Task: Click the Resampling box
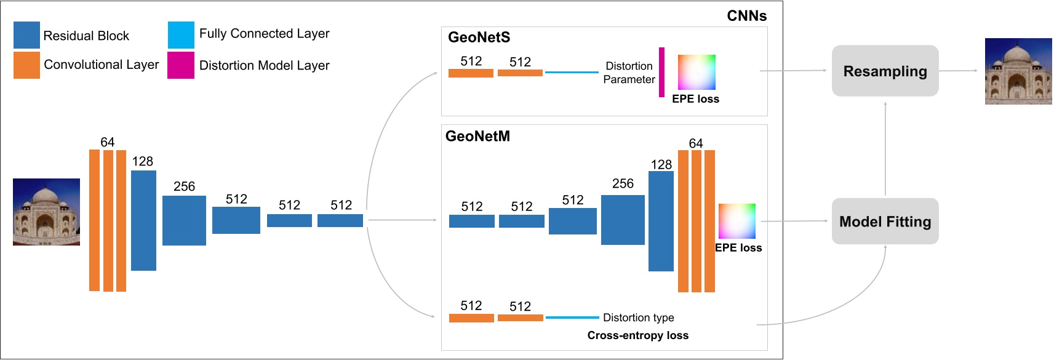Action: [x=885, y=71]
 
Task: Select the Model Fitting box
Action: [x=885, y=222]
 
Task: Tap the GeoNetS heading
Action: [x=479, y=38]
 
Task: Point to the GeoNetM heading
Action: [x=477, y=136]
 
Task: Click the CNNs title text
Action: [x=746, y=16]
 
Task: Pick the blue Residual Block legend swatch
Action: [x=26, y=35]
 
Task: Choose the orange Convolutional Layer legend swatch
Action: [x=26, y=65]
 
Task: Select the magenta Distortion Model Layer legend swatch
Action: [x=181, y=65]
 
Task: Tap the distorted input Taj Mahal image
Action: [x=46, y=212]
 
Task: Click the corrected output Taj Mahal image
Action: [x=1018, y=71]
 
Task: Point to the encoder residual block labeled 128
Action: [x=143, y=220]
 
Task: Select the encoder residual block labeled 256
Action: [x=184, y=220]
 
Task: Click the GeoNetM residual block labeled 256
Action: [x=623, y=220]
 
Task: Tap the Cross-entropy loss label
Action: [x=637, y=335]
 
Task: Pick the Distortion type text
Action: [x=638, y=318]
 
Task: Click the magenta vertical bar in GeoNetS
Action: [x=661, y=72]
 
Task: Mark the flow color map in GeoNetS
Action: [x=697, y=73]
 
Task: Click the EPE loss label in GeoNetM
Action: [x=738, y=248]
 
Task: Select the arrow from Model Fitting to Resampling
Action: [x=885, y=148]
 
